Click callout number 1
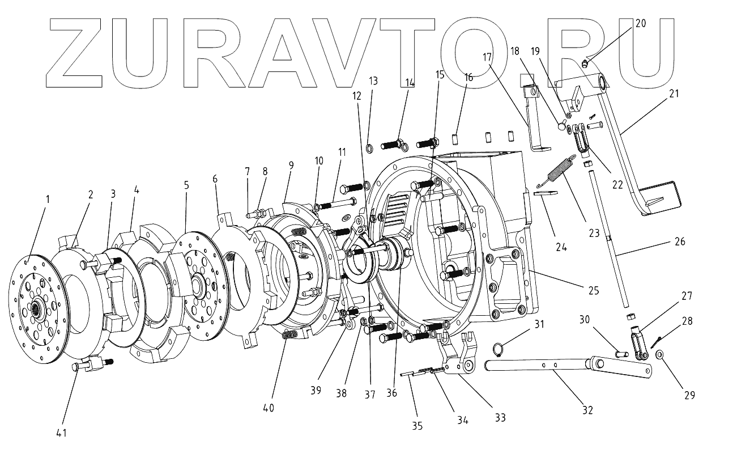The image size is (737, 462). point(48,199)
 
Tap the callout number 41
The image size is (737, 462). point(61,433)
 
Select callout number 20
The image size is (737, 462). point(640,24)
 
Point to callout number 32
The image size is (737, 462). point(587,410)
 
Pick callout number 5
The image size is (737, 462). point(186,185)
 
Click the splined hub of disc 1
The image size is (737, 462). point(39,309)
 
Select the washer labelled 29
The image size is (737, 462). point(661,355)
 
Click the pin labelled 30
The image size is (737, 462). point(621,353)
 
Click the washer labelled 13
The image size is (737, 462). point(369,149)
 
